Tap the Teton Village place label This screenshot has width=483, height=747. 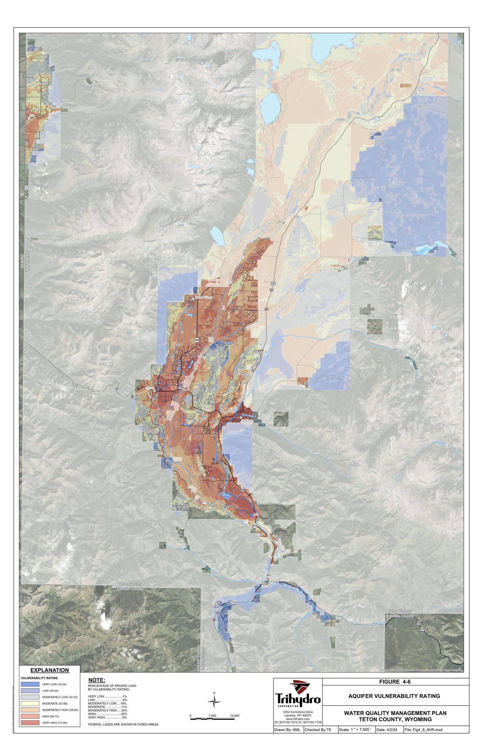[204, 297]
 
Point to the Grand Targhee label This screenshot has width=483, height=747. [105, 79]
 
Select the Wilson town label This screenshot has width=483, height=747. [150, 388]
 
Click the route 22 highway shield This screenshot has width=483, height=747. [117, 389]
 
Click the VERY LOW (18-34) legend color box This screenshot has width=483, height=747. [30, 684]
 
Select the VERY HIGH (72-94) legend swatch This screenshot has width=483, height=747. [30, 723]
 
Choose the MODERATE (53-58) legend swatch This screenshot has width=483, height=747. [30, 703]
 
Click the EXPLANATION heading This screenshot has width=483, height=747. [50, 670]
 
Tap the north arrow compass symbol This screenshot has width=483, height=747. [214, 702]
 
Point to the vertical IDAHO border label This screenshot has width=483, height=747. [22, 260]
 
